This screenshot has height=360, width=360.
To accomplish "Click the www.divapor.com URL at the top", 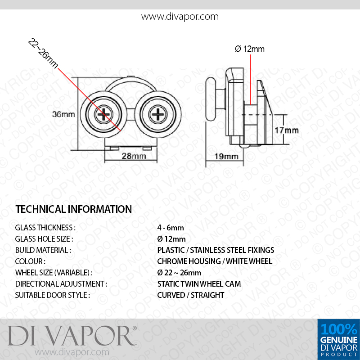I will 180,17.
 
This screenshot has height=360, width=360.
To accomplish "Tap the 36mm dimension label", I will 63,114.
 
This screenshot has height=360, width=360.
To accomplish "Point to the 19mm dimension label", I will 226,156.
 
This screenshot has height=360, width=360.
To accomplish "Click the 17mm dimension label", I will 286,130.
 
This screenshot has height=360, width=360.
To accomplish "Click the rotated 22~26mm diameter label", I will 43,53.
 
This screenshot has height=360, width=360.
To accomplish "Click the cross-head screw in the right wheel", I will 158,115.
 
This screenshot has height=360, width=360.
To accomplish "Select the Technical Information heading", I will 73,209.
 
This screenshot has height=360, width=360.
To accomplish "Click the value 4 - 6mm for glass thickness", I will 171,228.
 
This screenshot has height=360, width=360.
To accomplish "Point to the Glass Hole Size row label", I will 44,239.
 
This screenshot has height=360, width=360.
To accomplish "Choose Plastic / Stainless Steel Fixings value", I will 216,250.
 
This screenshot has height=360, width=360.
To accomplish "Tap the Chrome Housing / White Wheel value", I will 215,261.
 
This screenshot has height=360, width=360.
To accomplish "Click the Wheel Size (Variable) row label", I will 54,273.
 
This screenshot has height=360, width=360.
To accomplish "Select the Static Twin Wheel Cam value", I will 199,284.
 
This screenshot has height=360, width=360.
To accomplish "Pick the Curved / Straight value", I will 190,295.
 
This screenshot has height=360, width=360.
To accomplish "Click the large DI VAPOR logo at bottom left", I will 72,336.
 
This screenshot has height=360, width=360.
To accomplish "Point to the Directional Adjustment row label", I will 61,284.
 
